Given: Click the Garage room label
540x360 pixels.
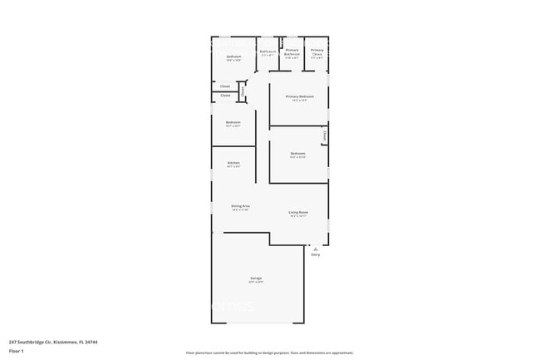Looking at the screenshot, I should point(256,278).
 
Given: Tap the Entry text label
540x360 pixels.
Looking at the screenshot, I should point(315,254).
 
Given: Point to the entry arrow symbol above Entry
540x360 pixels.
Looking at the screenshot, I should point(315,248).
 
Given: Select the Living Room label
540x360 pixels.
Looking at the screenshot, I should point(298,212).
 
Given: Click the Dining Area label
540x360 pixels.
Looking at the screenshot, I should point(241,205).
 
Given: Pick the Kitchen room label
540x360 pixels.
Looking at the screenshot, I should point(233,162).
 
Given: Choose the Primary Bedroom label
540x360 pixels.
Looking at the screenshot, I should point(299,96).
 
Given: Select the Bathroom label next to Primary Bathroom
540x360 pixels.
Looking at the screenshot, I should point(268,52).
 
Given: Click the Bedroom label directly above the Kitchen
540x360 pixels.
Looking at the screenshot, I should point(233,122).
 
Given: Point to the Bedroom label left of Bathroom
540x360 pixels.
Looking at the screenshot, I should point(233,57).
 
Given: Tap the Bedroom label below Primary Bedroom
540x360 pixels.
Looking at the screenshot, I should point(297,153).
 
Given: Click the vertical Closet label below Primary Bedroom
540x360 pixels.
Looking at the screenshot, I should point(324,136).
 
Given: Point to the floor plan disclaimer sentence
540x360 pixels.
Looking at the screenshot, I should point(269,353).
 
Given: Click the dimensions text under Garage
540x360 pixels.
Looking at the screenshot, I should point(256,282).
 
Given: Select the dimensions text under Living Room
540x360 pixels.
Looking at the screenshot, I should point(298,216).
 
